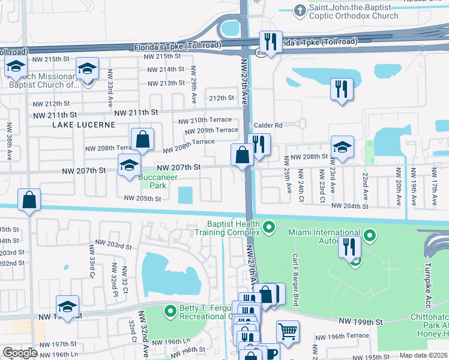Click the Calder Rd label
pyautogui.click(x=268, y=125)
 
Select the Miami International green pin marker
pyautogui.click(x=371, y=236)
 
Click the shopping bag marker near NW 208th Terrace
pyautogui.click(x=143, y=140)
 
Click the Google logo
pyautogui.click(x=20, y=353)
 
